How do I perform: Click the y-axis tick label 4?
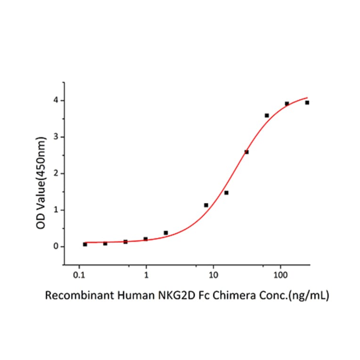click(56, 100)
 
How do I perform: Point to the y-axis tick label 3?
click(56, 137)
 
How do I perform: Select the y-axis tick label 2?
click(56, 173)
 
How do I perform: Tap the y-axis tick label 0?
click(56, 246)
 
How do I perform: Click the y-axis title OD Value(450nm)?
click(41, 174)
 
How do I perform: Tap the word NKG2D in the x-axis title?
click(179, 296)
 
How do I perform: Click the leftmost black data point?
click(85, 244)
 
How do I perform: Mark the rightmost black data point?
click(307, 102)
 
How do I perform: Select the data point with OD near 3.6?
click(267, 115)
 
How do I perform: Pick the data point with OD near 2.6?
click(246, 152)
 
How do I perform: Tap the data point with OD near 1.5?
click(226, 193)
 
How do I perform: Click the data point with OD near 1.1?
click(206, 205)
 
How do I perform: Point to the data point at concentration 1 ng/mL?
click(146, 239)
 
